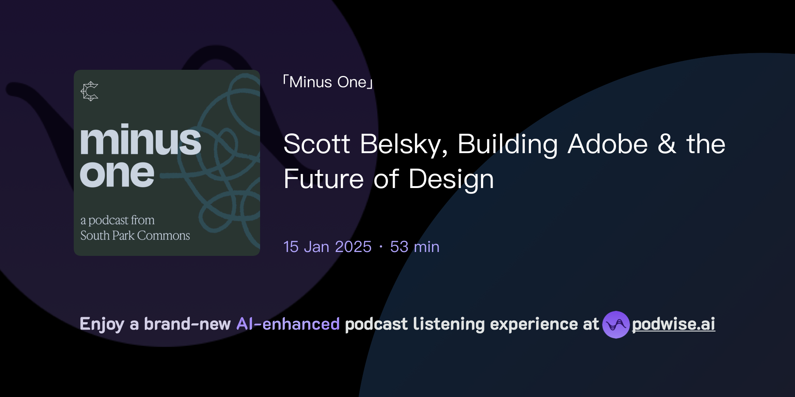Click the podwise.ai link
click(673, 324)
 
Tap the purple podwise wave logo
click(616, 325)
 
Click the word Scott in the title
click(317, 144)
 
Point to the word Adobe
click(608, 144)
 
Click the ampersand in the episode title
click(667, 144)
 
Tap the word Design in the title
click(451, 179)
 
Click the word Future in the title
click(323, 179)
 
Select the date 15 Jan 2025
click(327, 247)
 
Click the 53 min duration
click(415, 247)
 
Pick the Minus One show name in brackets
click(328, 82)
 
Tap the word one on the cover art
click(117, 173)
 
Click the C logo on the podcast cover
click(90, 91)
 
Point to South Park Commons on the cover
click(135, 236)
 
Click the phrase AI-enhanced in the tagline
click(288, 324)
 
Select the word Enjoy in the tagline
click(102, 324)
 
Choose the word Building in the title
click(508, 144)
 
